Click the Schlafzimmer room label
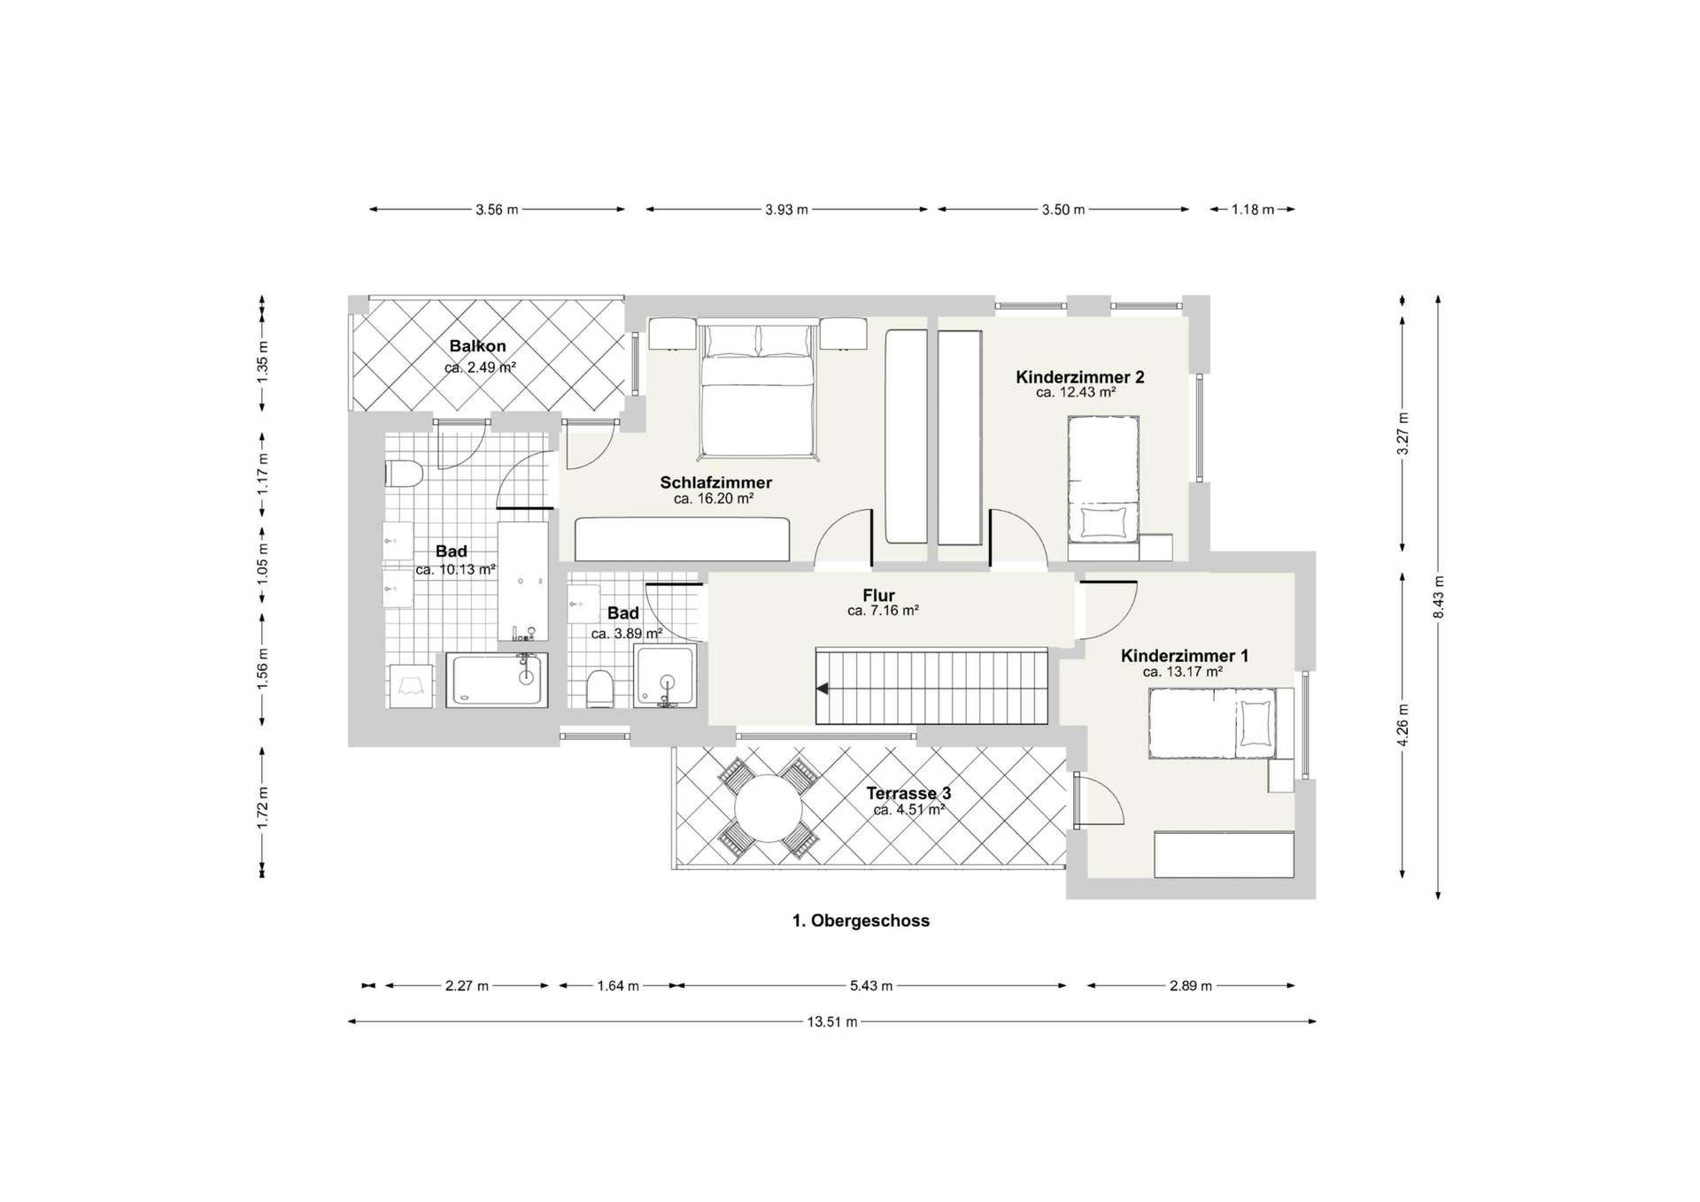[x=715, y=482]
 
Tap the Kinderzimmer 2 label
[x=1079, y=377]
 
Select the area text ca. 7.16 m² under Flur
[x=882, y=611]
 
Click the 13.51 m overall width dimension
[x=831, y=1021]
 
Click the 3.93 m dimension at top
[x=786, y=210]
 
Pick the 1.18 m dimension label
[x=1252, y=210]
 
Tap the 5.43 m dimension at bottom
[x=870, y=985]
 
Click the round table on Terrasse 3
[x=769, y=808]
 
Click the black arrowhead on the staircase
[x=823, y=688]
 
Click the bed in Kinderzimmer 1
[x=1212, y=723]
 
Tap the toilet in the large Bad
[x=401, y=474]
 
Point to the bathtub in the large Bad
[x=496, y=679]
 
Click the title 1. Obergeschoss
[x=860, y=921]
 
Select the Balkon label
[x=477, y=346]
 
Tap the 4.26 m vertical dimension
[x=1402, y=725]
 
